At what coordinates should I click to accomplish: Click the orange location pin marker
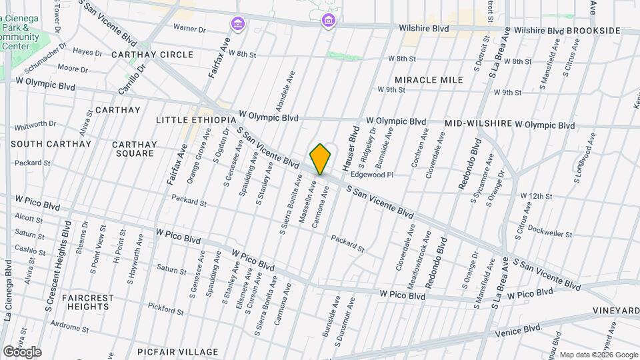point(321,159)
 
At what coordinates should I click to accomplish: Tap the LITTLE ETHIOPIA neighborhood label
point(195,119)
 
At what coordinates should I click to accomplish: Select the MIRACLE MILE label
point(429,80)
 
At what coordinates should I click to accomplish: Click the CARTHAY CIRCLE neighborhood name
point(152,55)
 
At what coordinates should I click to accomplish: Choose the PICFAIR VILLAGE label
point(177,351)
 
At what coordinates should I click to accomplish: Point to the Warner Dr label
point(189,28)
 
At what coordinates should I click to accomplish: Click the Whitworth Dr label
point(35,124)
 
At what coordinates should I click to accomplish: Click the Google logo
point(22,352)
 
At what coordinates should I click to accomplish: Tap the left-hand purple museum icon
point(237,25)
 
